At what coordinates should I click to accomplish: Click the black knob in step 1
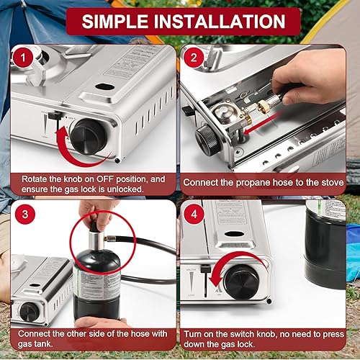[89, 134]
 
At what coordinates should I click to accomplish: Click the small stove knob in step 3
[30, 312]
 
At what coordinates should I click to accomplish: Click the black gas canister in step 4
[324, 245]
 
